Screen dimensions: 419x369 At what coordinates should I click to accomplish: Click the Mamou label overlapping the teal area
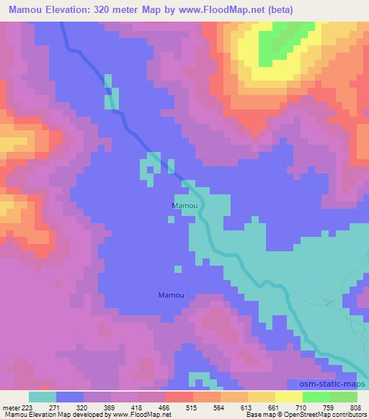(x=184, y=206)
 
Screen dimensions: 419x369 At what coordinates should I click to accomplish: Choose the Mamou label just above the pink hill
(x=171, y=294)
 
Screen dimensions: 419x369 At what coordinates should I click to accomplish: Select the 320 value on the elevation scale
(x=84, y=407)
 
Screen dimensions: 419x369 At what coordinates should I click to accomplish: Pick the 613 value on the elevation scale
(x=246, y=407)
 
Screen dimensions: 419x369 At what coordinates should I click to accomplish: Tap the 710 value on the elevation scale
(x=301, y=407)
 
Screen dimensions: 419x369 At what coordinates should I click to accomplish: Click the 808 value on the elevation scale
(x=355, y=407)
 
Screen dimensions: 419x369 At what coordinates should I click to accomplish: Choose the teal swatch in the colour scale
(x=43, y=397)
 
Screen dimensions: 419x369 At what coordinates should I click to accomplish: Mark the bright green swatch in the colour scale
(x=316, y=397)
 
